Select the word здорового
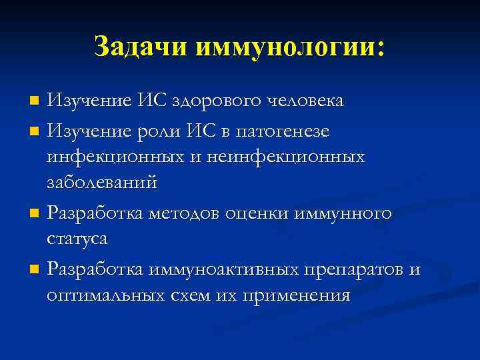point(219,101)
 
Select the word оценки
point(257,214)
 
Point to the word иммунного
point(342,214)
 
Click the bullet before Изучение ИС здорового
point(35,102)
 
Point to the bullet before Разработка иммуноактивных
point(35,270)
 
